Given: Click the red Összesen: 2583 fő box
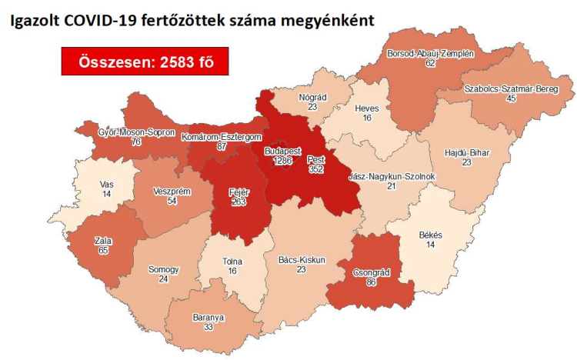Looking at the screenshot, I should (x=145, y=62).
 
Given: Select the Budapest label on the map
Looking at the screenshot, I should (x=275, y=151).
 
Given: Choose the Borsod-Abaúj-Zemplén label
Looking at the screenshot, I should (x=430, y=53).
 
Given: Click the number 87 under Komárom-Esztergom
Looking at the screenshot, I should (x=222, y=146).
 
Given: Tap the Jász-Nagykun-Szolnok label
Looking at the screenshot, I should (x=392, y=176).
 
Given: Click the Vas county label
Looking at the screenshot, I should (x=108, y=185).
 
